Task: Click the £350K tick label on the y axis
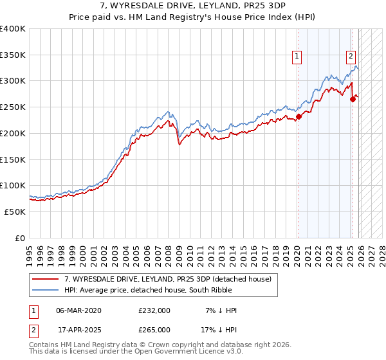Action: pos(13,55)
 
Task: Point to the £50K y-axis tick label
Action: pos(15,212)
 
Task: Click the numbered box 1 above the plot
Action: pos(297,57)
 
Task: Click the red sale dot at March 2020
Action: pos(299,117)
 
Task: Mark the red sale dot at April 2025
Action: pos(353,99)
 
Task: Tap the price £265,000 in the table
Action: pos(154,329)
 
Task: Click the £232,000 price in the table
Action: pos(154,310)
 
